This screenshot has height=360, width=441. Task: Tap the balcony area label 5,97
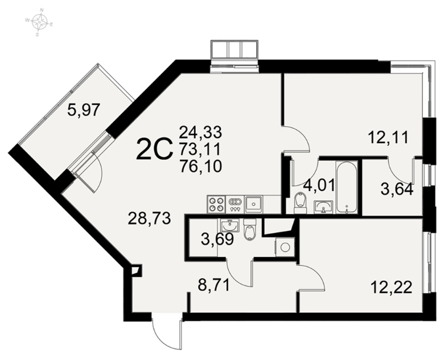pyautogui.click(x=84, y=110)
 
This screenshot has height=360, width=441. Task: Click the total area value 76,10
pyautogui.click(x=200, y=166)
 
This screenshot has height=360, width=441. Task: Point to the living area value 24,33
pyautogui.click(x=200, y=132)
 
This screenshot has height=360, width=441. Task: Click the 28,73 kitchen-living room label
pyautogui.click(x=149, y=218)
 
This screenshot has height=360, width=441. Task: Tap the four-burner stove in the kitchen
pyautogui.click(x=216, y=204)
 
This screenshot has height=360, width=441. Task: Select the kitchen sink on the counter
pyautogui.click(x=254, y=204)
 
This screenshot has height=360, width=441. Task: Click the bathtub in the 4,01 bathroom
pyautogui.click(x=347, y=188)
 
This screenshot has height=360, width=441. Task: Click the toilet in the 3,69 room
pyautogui.click(x=250, y=230)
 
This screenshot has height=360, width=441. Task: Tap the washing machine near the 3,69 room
pyautogui.click(x=285, y=247)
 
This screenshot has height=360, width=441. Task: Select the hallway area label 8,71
pyautogui.click(x=215, y=285)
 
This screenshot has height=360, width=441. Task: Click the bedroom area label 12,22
pyautogui.click(x=391, y=287)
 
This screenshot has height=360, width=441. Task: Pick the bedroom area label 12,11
pyautogui.click(x=388, y=138)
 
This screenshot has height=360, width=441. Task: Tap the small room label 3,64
pyautogui.click(x=397, y=189)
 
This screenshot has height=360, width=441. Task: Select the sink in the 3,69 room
pyautogui.click(x=229, y=226)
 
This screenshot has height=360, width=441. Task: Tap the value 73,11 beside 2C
pyautogui.click(x=200, y=149)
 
